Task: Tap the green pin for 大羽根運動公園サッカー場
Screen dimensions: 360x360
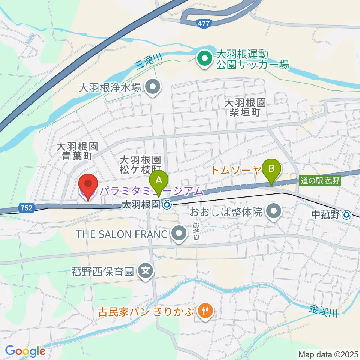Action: (205, 58)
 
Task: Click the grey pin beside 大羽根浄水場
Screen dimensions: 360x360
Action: (153, 88)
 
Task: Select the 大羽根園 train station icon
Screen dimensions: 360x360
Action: (167, 205)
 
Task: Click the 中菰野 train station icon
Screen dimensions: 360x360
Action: (347, 215)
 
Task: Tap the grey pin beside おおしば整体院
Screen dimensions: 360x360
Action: (274, 212)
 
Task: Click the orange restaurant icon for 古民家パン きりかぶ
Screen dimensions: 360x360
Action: (205, 310)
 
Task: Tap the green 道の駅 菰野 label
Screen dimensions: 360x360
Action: (320, 181)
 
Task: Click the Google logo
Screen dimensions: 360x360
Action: (25, 351)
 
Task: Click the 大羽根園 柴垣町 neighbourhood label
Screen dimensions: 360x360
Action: (245, 108)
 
